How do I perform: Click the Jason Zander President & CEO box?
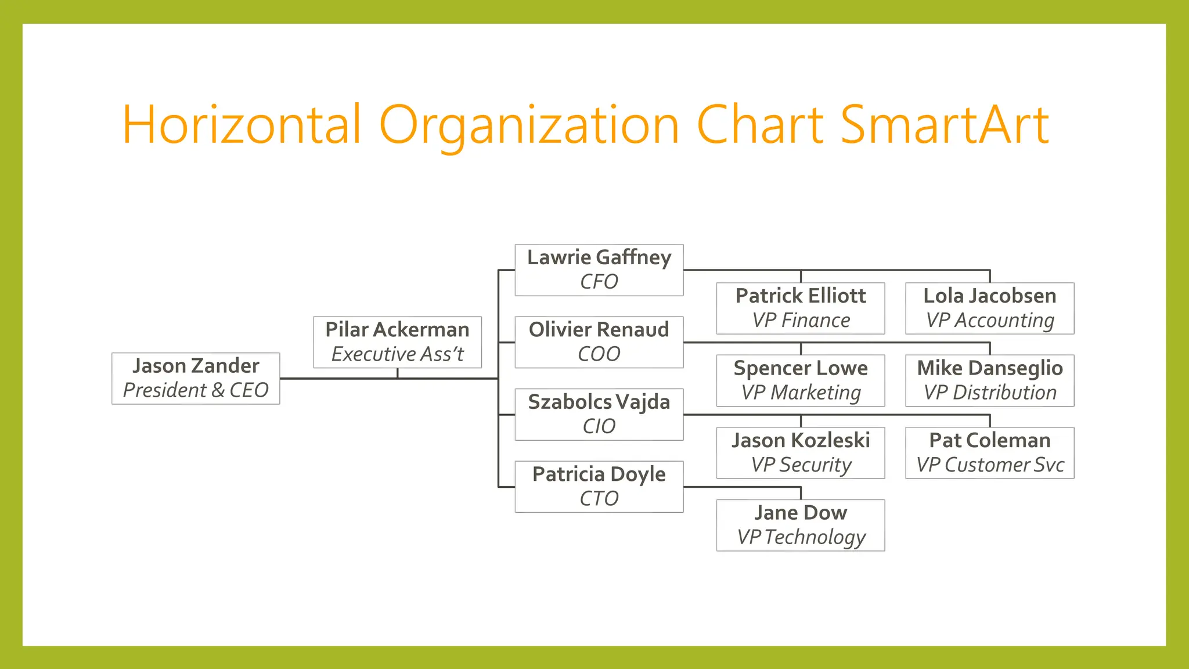pyautogui.click(x=196, y=378)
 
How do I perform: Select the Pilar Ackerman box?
pyautogui.click(x=397, y=342)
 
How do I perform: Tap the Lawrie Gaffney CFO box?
pyautogui.click(x=599, y=270)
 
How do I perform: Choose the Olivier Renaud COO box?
pyautogui.click(x=599, y=342)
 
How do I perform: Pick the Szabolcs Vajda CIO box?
pyautogui.click(x=599, y=414)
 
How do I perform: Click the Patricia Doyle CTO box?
pyautogui.click(x=599, y=487)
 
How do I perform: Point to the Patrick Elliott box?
pyautogui.click(x=801, y=308)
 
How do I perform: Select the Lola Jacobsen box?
pyautogui.click(x=989, y=308)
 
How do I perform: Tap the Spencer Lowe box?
pyautogui.click(x=801, y=380)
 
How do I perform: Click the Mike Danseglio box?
pyautogui.click(x=989, y=380)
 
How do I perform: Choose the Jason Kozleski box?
pyautogui.click(x=801, y=453)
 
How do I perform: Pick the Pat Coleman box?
pyautogui.click(x=989, y=453)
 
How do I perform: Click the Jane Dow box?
pyautogui.click(x=801, y=525)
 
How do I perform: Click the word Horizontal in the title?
pyautogui.click(x=242, y=125)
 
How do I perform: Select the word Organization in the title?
pyautogui.click(x=529, y=125)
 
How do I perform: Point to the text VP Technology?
pyautogui.click(x=801, y=537)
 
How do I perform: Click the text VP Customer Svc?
pyautogui.click(x=990, y=465)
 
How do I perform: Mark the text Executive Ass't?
pyautogui.click(x=397, y=354)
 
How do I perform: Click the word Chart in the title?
pyautogui.click(x=760, y=125)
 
